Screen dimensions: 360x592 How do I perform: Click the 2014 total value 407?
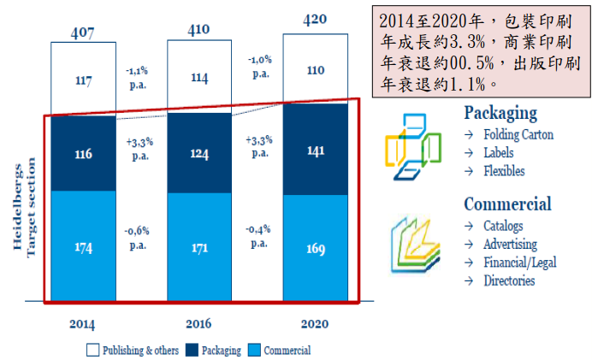click(x=82, y=34)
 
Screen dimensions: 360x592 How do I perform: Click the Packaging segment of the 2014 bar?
click(x=83, y=154)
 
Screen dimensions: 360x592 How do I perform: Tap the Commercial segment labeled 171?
click(x=199, y=248)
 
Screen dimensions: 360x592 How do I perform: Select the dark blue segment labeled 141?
click(x=316, y=149)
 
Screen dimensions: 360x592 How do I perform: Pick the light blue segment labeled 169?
click(x=316, y=250)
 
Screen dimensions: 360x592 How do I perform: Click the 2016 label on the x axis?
click(x=199, y=324)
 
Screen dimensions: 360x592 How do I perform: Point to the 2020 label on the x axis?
click(x=315, y=324)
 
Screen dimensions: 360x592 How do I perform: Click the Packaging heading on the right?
click(x=500, y=113)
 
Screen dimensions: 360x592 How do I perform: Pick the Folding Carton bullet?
click(x=518, y=134)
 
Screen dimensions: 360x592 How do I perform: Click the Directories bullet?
click(x=508, y=280)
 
